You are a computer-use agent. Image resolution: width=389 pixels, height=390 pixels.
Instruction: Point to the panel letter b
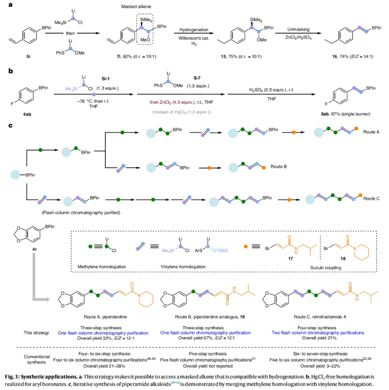click(x=10, y=71)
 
